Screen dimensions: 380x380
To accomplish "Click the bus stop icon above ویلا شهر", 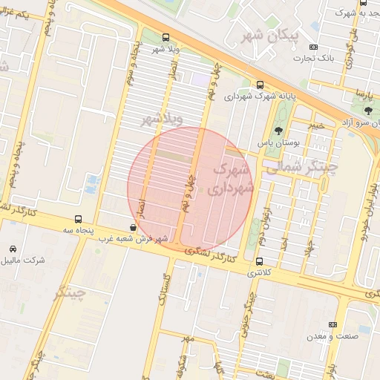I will pos(165,37).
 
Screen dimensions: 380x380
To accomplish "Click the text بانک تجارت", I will pos(312,57).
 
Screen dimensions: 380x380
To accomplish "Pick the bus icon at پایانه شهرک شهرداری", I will pos(259,85).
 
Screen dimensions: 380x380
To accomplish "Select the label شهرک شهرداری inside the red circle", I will pos(229,179).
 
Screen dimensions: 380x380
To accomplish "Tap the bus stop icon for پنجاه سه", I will pos(79,219).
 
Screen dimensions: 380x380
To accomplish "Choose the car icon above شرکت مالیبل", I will pos(13,249).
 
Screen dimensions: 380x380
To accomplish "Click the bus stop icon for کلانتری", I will pos(259,261).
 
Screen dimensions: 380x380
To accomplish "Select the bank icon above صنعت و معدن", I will pos(332,324).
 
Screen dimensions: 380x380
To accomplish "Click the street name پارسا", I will pos(361,95).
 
